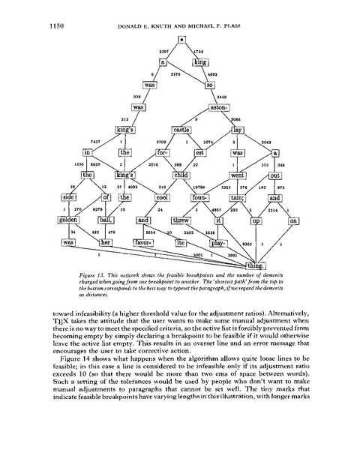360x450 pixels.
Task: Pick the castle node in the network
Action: (x=182, y=130)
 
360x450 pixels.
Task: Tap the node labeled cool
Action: (x=164, y=198)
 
